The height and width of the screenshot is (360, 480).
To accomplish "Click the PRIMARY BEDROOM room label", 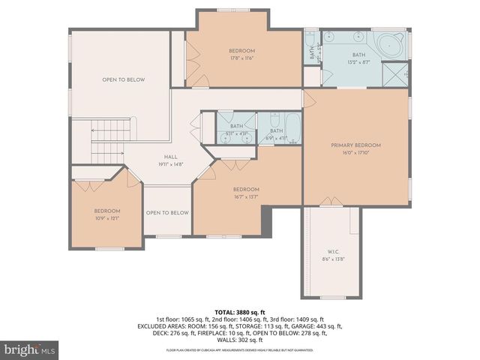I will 356,145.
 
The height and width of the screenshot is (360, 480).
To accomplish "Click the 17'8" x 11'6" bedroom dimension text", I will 242,58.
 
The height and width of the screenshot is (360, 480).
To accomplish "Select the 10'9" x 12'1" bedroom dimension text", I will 107,219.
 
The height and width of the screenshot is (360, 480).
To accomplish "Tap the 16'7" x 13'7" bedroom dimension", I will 246,197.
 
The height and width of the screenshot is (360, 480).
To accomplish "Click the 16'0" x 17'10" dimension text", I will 356,152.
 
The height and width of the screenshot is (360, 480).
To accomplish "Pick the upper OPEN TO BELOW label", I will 124,79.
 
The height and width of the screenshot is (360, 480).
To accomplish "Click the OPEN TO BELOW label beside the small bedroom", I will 166,212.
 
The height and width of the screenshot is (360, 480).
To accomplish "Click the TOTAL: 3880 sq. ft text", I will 240,311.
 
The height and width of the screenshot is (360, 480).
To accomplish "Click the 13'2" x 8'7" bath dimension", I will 359,61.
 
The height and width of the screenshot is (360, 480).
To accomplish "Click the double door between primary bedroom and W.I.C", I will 328,202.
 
